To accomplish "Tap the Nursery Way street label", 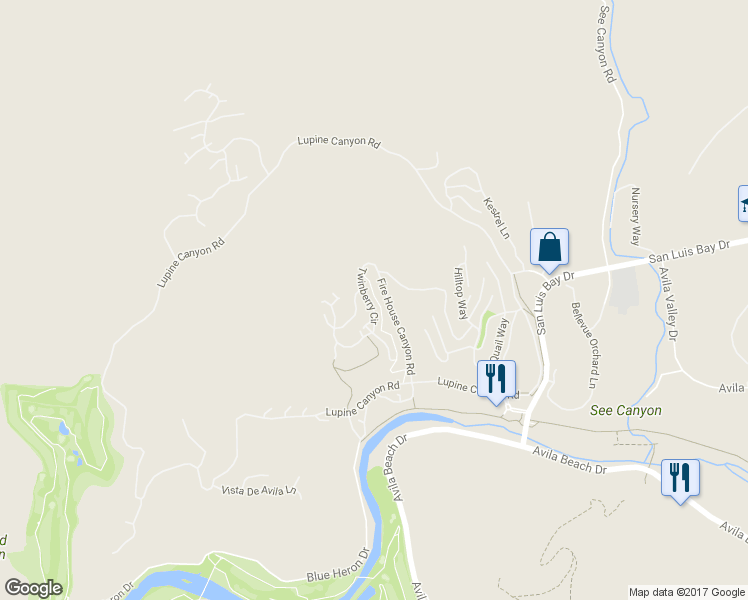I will (x=634, y=216).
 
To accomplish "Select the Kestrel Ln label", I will (x=497, y=217).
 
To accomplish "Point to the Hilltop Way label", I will (x=460, y=292).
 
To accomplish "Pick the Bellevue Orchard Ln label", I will (x=583, y=345).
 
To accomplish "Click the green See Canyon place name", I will (x=626, y=410).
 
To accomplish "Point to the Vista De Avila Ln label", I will (x=260, y=489).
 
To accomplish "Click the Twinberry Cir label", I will (x=366, y=296).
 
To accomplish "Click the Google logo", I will (x=33, y=588).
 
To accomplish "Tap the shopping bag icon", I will (x=549, y=247).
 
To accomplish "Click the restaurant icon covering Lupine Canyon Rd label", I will (x=496, y=379).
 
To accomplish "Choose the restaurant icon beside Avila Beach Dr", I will (x=680, y=476).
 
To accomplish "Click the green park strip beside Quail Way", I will (x=485, y=328).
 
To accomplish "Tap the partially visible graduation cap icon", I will (x=743, y=203).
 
